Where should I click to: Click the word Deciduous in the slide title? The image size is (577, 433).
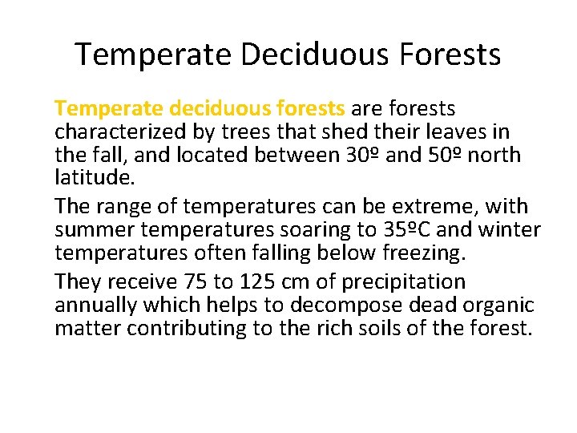pyautogui.click(x=283, y=55)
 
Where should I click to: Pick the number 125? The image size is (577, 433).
pyautogui.click(x=237, y=281)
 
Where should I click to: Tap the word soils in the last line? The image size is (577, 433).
pyautogui.click(x=411, y=327)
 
